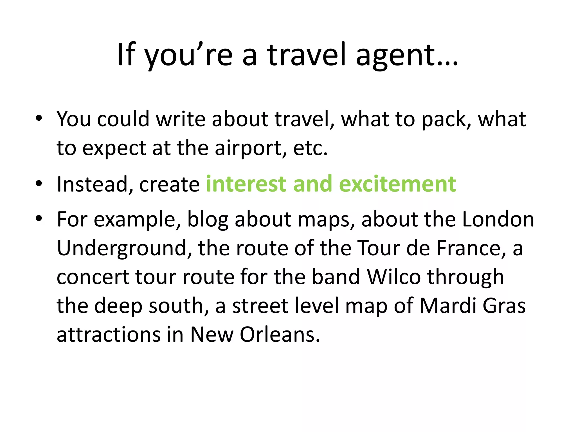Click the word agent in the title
[x=407, y=55]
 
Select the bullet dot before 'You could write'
[x=39, y=118]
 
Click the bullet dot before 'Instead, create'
[x=39, y=183]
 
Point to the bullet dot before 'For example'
[x=39, y=218]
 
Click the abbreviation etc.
[x=310, y=148]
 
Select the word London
[x=498, y=219]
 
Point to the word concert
[x=93, y=277]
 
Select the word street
[x=260, y=306]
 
